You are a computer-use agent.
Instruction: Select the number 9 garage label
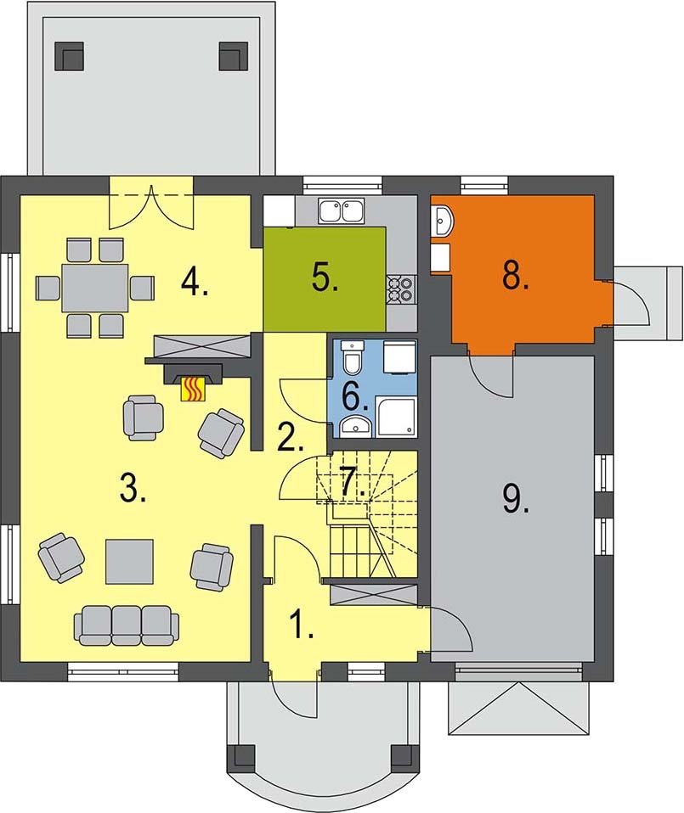click(515, 500)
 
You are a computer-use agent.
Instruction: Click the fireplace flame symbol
click(193, 389)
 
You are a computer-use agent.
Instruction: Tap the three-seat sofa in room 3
click(127, 625)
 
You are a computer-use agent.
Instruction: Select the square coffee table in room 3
click(130, 562)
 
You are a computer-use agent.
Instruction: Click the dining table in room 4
click(95, 288)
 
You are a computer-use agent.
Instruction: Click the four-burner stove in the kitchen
click(401, 289)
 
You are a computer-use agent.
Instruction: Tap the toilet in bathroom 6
click(352, 358)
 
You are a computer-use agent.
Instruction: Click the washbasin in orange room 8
click(443, 221)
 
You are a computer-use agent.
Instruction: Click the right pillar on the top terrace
click(234, 55)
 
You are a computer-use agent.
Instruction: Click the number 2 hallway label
click(290, 438)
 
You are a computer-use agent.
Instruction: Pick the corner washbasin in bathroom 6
click(356, 426)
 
